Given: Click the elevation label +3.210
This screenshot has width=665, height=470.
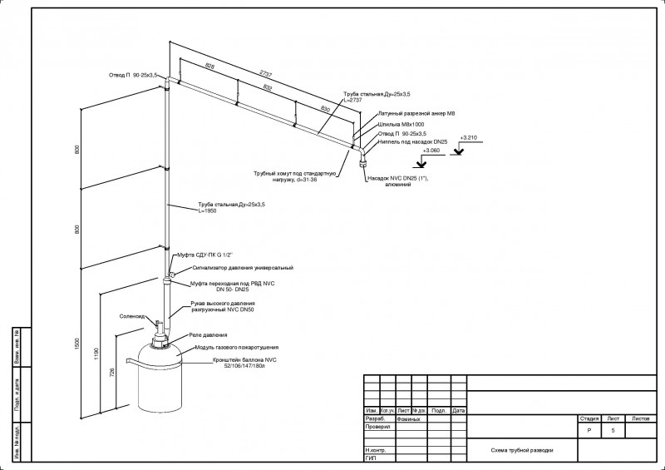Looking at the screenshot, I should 469,137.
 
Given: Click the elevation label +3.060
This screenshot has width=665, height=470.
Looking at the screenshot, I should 432,151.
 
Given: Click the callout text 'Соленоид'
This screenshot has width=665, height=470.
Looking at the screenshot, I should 133,316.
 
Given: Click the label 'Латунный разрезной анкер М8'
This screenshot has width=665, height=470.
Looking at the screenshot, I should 416,112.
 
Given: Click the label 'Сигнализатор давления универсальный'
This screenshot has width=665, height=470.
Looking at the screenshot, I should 243,268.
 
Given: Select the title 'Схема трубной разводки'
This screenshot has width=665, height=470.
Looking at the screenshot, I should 522,450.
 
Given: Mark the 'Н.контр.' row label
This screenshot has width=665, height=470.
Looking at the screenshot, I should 376,450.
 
